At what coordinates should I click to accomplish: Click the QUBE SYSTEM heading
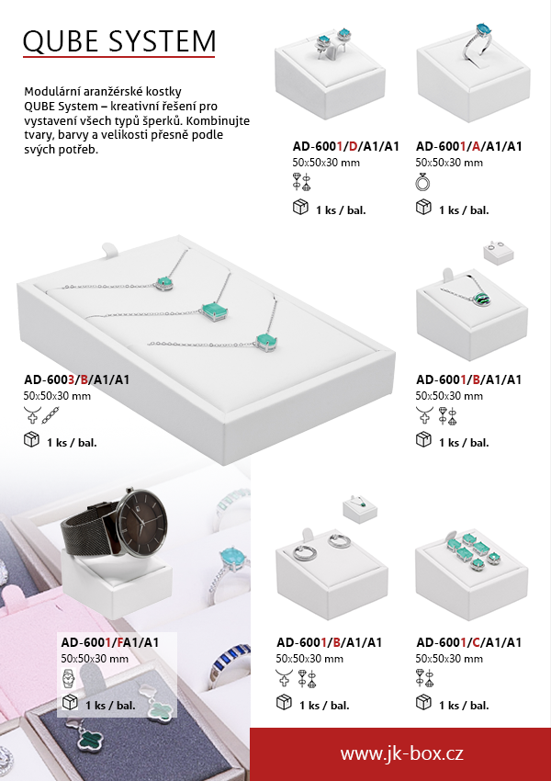pos(119,40)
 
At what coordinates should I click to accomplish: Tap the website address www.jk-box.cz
pos(401,753)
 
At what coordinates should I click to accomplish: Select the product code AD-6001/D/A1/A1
pos(346,146)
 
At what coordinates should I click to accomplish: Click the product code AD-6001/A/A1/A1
pos(469,146)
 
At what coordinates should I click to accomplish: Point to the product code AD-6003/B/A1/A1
pos(76,379)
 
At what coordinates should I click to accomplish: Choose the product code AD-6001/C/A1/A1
pos(469,642)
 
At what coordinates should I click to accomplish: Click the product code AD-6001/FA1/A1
pos(110,642)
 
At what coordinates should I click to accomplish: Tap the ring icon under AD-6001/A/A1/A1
pos(422,183)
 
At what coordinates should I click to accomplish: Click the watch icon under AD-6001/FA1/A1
pos(68,679)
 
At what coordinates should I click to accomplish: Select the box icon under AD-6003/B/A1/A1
pos(31,440)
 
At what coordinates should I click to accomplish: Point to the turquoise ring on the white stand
pos(478,42)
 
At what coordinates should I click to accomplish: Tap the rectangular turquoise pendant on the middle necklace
pos(215,311)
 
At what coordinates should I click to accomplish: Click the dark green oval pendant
pos(481,300)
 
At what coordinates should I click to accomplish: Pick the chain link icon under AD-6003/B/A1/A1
pos(51,415)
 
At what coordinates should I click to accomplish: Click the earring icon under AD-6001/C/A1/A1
pos(424,678)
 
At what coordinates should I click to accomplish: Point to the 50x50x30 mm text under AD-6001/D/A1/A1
pos(326,163)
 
